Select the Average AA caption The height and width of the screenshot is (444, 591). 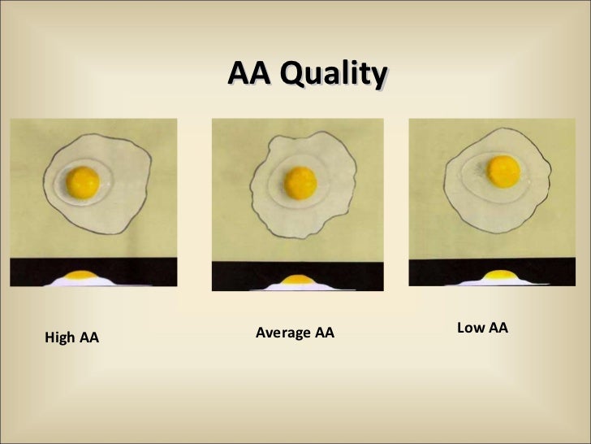295,333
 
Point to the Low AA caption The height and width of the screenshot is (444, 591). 482,328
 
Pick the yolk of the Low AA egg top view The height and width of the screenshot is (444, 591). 504,171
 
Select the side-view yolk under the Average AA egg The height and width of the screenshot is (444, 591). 298,280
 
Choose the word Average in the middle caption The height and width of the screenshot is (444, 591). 282,333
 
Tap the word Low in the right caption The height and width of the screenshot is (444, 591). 470,328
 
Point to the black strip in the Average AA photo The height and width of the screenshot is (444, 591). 235,275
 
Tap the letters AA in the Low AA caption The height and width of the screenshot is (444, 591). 498,328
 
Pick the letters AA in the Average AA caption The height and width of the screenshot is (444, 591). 324,333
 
